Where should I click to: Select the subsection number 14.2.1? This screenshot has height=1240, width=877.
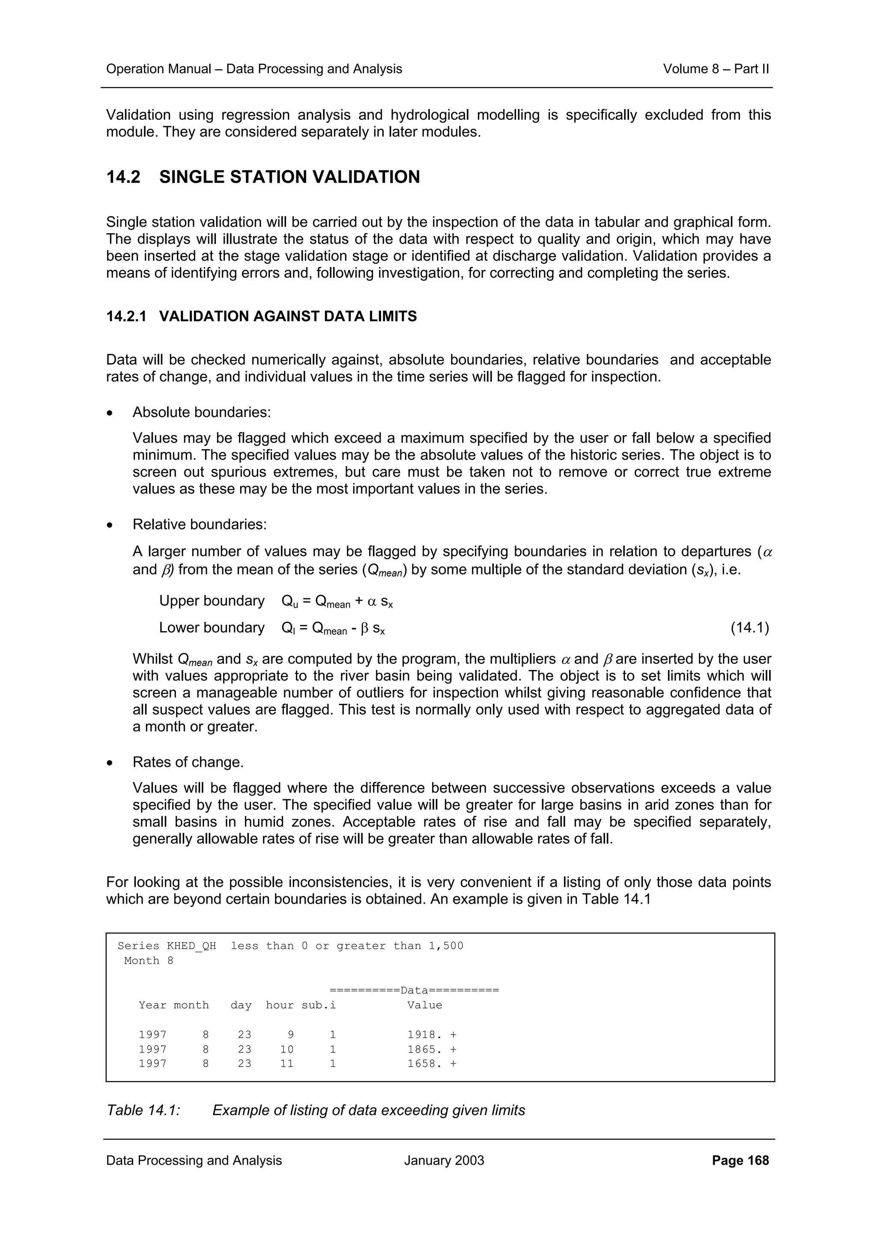pyautogui.click(x=126, y=317)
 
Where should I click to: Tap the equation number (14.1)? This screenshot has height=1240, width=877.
pyautogui.click(x=749, y=628)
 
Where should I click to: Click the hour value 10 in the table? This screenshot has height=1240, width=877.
pyautogui.click(x=286, y=1049)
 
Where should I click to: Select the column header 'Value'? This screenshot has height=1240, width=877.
pyautogui.click(x=424, y=1005)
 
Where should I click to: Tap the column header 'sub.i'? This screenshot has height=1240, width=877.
pyautogui.click(x=319, y=1005)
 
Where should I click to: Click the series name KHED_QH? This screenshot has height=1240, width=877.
pyautogui.click(x=191, y=946)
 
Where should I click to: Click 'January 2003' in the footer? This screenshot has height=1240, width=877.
pyautogui.click(x=444, y=1160)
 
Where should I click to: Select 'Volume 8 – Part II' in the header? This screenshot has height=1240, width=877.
pyautogui.click(x=716, y=69)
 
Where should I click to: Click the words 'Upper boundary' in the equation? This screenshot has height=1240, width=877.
pyautogui.click(x=211, y=601)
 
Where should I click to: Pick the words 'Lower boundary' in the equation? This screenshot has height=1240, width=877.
pyautogui.click(x=211, y=628)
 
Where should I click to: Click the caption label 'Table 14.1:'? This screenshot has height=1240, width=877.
pyautogui.click(x=143, y=1110)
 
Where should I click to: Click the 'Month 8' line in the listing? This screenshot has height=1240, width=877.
pyautogui.click(x=148, y=960)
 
